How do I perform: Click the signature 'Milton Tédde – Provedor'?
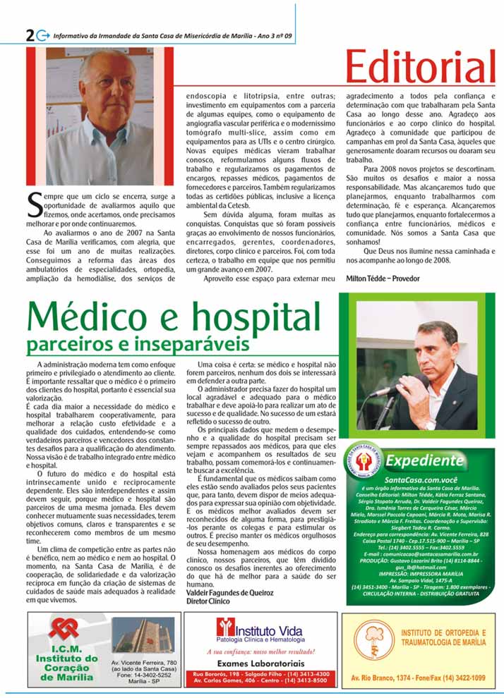coord(383,278)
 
